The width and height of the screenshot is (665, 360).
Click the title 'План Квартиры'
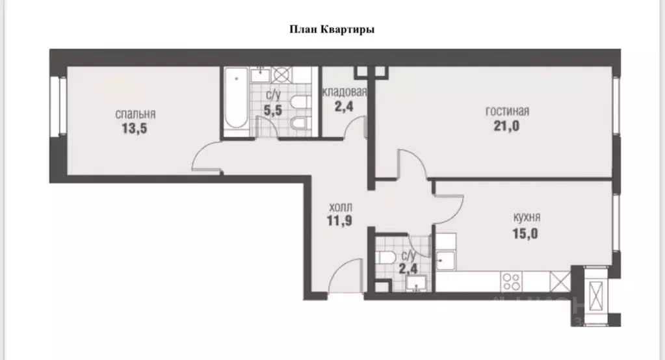[x=332, y=29]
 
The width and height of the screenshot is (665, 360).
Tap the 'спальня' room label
[x=135, y=114]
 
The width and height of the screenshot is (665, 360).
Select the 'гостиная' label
[x=507, y=111]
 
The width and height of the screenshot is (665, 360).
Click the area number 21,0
[x=507, y=125]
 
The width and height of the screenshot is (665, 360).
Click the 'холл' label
[x=340, y=207]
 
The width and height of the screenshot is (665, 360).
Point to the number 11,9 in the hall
[x=340, y=220]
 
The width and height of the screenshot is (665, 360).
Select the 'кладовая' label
[x=345, y=92]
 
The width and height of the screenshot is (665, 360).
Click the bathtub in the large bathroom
[x=235, y=101]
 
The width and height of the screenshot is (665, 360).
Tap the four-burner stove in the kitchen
[x=512, y=281]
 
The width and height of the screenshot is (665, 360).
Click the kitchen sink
[x=446, y=261]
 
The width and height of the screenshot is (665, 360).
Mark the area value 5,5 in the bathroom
[x=274, y=110]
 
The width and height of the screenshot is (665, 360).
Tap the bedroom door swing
[x=207, y=160]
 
